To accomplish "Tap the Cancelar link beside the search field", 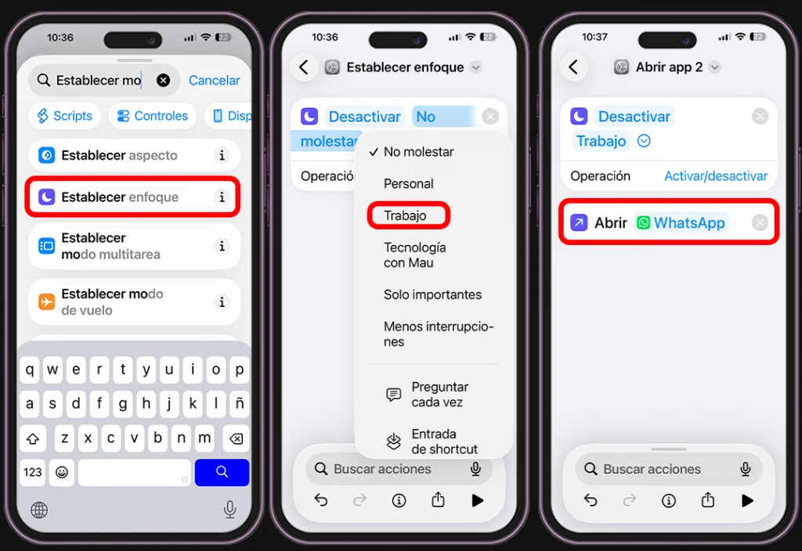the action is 214,81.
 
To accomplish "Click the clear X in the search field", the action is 163,81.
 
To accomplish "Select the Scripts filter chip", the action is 64,116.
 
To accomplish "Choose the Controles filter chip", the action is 153,116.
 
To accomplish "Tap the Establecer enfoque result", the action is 132,196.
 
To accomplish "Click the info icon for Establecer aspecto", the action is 222,156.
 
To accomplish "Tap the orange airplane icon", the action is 46,301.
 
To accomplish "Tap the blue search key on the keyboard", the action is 222,472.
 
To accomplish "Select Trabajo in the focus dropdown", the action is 405,216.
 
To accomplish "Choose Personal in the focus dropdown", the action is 409,183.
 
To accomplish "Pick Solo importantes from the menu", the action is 432,294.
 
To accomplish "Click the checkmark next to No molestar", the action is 374,152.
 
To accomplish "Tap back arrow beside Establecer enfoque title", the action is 304,67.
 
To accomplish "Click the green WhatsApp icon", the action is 644,223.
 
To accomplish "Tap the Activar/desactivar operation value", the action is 716,176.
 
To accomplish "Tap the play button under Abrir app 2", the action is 747,500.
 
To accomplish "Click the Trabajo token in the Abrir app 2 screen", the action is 601,141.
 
